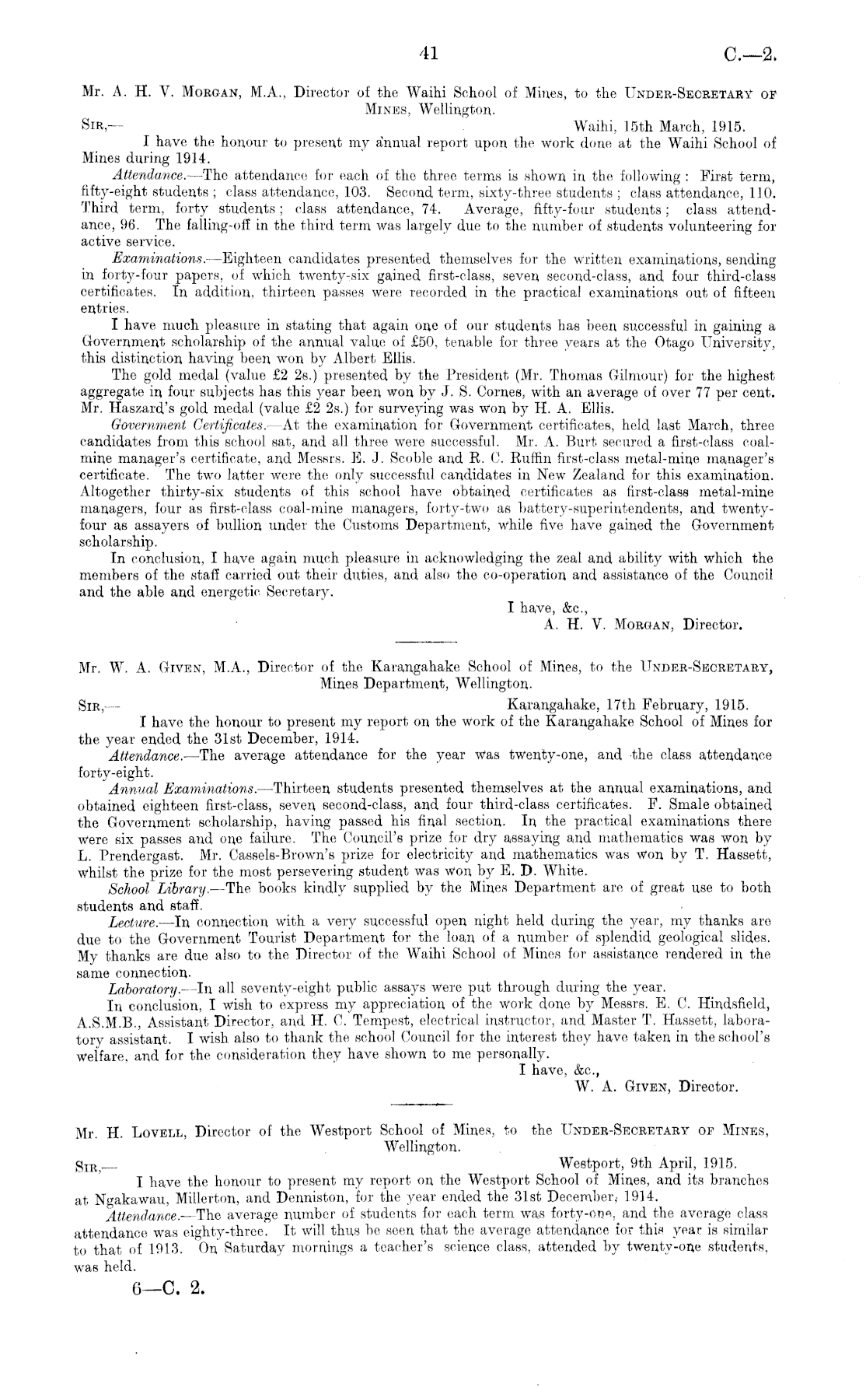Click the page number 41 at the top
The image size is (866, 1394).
(428, 53)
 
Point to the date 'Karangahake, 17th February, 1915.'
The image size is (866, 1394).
(627, 706)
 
